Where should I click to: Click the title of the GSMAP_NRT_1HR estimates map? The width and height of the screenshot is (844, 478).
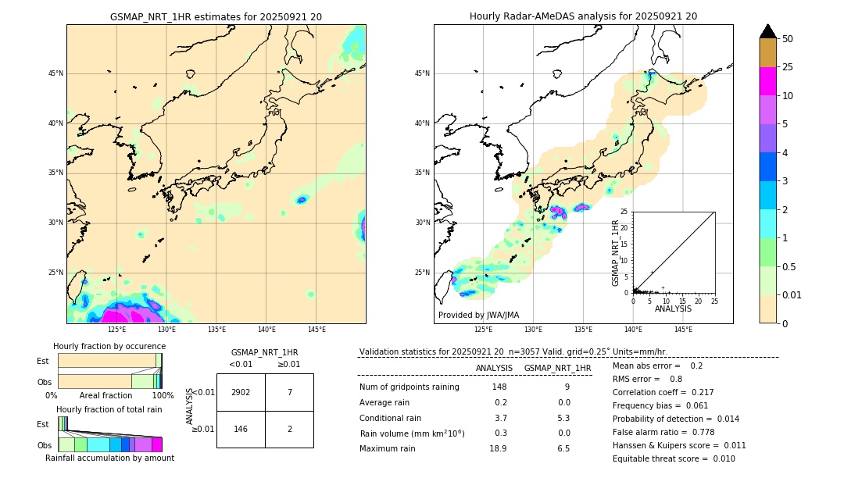[x=216, y=16]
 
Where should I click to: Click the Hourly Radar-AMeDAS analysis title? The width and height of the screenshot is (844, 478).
[x=583, y=16]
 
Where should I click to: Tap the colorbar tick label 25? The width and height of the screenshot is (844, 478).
[x=788, y=67]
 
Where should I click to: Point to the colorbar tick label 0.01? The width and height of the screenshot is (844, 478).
[x=792, y=294]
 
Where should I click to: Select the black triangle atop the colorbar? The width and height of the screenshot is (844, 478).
[x=768, y=31]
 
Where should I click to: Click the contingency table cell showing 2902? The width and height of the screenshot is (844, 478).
[x=241, y=392]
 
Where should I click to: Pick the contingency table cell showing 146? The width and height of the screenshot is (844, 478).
[x=241, y=429]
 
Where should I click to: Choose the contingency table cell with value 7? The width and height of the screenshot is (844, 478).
[x=289, y=392]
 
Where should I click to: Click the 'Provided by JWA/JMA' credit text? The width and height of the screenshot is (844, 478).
[x=478, y=315]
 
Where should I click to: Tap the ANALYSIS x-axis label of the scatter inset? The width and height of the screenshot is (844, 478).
[x=673, y=309]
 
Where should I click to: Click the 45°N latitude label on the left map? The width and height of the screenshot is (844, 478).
[x=55, y=73]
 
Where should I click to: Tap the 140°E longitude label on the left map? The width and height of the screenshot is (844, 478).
[x=266, y=330]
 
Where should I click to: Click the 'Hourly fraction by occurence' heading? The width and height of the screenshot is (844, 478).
[x=109, y=346]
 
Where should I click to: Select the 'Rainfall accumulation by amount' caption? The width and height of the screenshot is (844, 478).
[x=109, y=458]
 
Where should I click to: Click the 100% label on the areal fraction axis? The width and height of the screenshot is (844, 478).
[x=162, y=395]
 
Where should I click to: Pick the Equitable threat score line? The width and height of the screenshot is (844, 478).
[x=674, y=458]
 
